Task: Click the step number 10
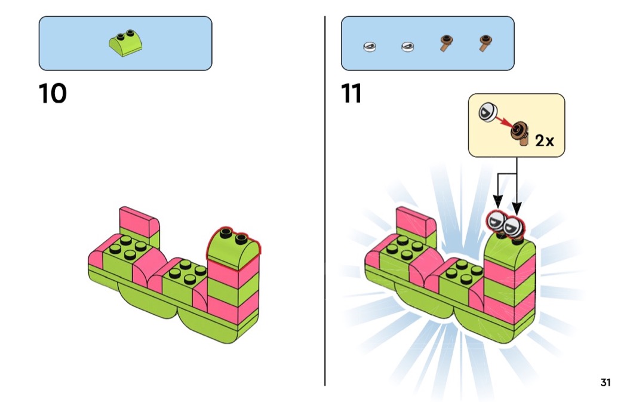(x=53, y=94)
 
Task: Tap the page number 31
(x=605, y=383)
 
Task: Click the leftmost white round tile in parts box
(x=370, y=45)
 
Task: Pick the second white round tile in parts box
(x=408, y=45)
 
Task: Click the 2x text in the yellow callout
(x=545, y=141)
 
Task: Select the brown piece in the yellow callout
(x=521, y=132)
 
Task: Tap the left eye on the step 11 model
(x=497, y=223)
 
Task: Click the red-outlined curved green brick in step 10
(x=233, y=246)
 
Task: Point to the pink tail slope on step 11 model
(x=416, y=220)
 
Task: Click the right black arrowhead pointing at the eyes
(x=517, y=207)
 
